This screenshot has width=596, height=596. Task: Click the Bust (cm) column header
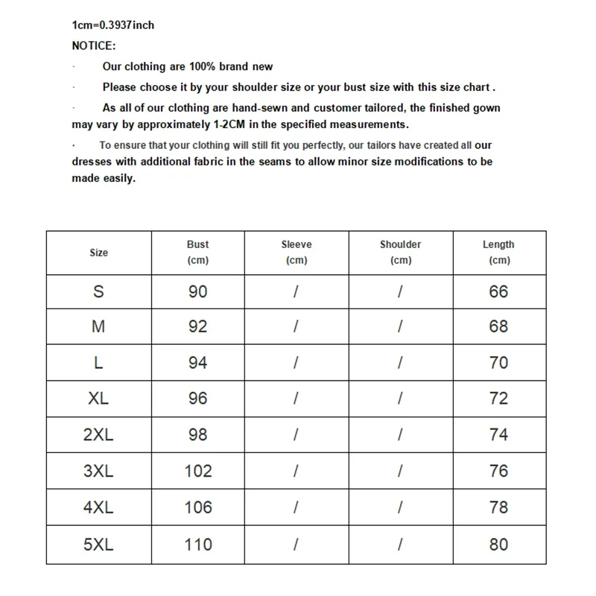(197, 252)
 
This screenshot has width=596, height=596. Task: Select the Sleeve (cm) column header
(297, 252)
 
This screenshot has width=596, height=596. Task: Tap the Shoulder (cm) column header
(400, 252)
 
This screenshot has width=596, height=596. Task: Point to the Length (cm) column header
(498, 252)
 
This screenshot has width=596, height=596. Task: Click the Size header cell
(98, 253)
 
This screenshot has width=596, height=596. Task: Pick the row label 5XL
(98, 545)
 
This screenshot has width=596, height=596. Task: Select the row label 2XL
(98, 434)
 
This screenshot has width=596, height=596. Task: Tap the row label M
(98, 326)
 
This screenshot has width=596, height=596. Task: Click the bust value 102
(198, 471)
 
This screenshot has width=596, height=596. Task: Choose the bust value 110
(198, 545)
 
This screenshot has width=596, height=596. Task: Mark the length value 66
(498, 291)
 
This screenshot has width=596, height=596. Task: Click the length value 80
(498, 545)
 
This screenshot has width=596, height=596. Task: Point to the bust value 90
(198, 291)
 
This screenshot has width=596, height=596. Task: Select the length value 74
(498, 434)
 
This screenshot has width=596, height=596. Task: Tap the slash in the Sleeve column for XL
(297, 399)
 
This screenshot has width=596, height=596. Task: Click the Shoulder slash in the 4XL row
(400, 507)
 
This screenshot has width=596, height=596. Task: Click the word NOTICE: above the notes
(94, 45)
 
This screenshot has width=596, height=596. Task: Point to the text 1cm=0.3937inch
(113, 25)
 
